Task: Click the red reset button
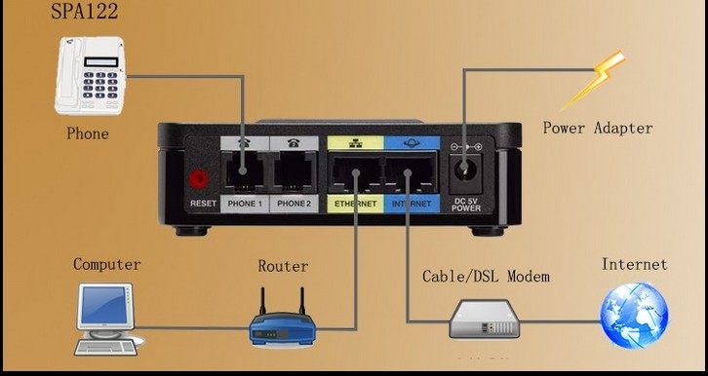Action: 198,179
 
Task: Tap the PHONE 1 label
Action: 245,204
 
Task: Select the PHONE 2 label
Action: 294,204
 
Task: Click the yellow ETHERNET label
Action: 355,204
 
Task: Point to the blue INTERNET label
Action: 412,204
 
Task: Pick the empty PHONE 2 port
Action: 294,171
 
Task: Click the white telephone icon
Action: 90,75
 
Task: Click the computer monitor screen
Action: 104,306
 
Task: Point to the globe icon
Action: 634,316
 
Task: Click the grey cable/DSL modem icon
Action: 485,320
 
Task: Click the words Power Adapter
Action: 598,128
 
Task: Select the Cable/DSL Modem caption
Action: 486,276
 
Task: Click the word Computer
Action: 106,265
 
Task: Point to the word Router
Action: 283,266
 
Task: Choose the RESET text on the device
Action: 203,204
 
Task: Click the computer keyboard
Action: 105,347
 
